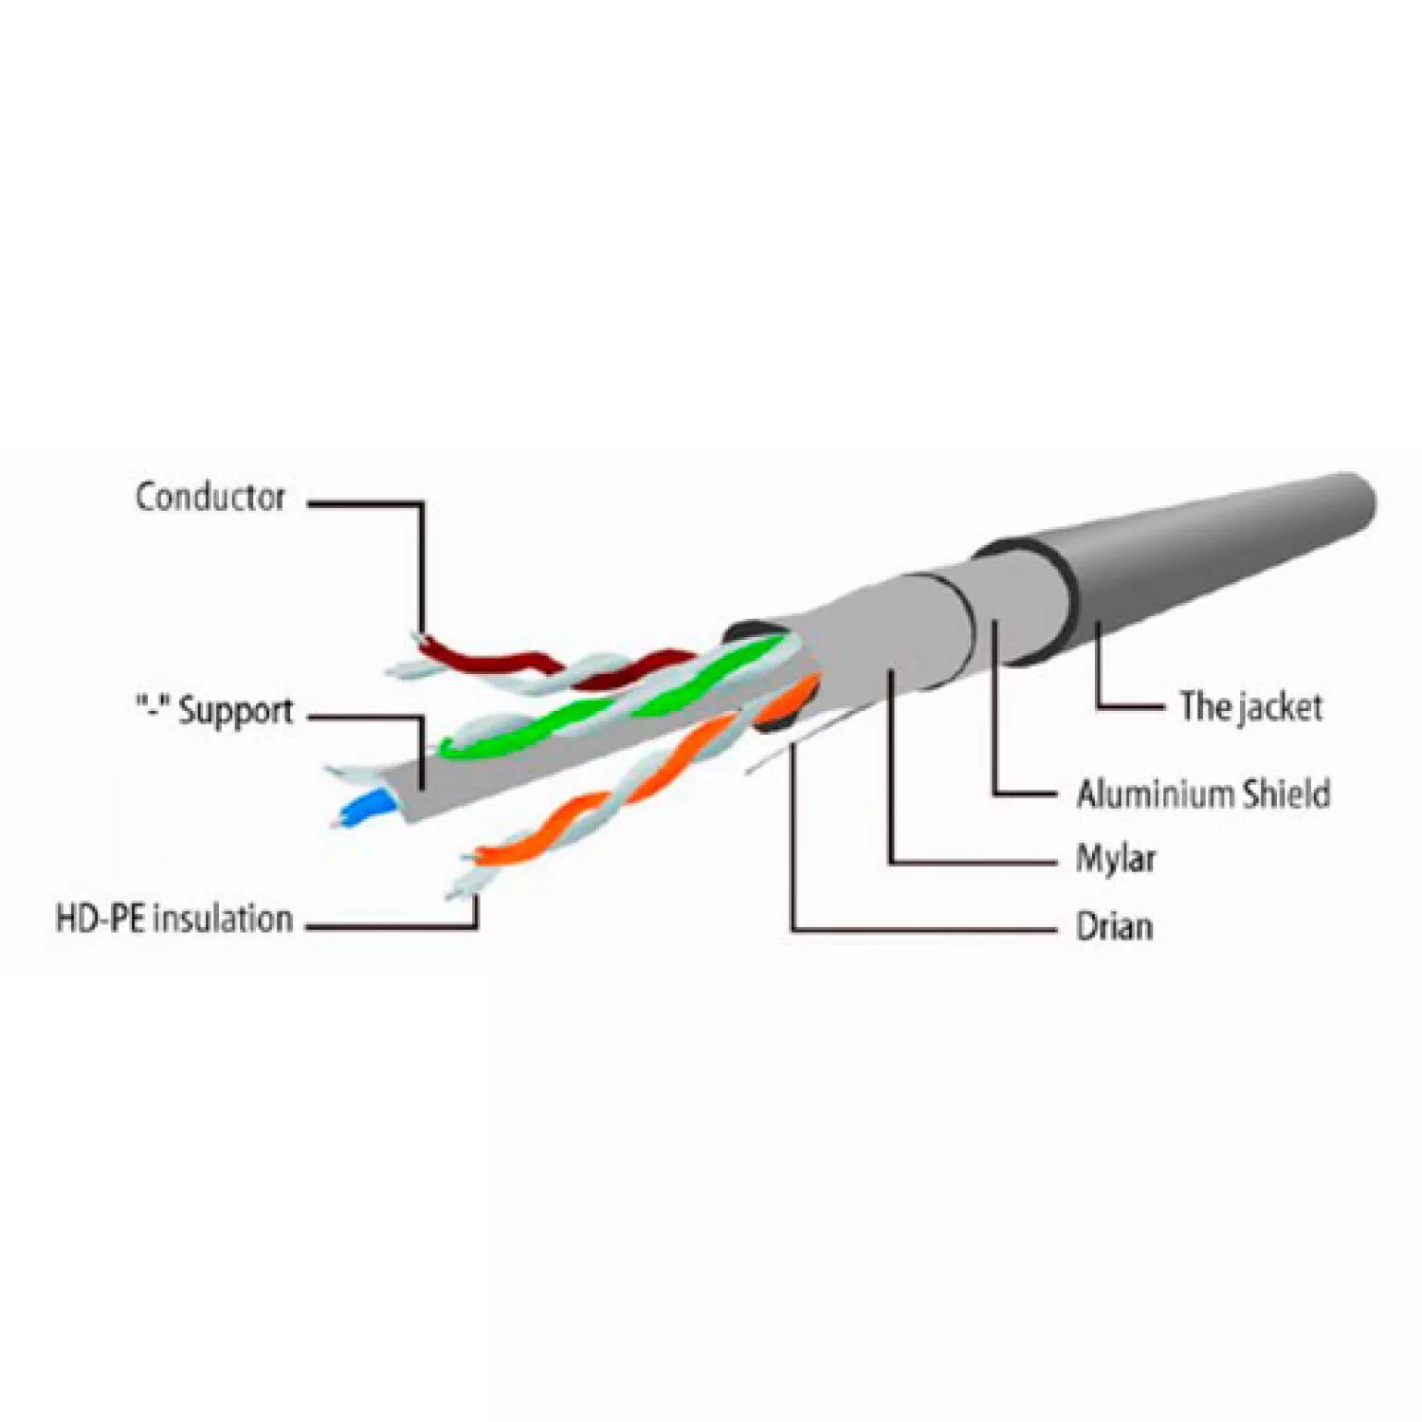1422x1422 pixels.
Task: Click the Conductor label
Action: pos(210,497)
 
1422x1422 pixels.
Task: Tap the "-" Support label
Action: pos(214,711)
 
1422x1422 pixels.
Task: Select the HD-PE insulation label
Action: pos(174,919)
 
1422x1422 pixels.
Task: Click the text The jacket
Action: pos(1250,706)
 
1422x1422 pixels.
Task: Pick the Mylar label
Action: pos(1116,859)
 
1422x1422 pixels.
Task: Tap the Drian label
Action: pos(1115,925)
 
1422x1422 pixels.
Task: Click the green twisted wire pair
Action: pos(616,697)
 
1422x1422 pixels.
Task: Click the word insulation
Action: pos(223,919)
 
